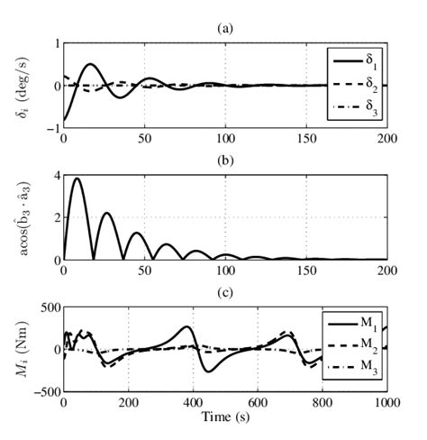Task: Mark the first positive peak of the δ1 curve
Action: coord(90,64)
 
